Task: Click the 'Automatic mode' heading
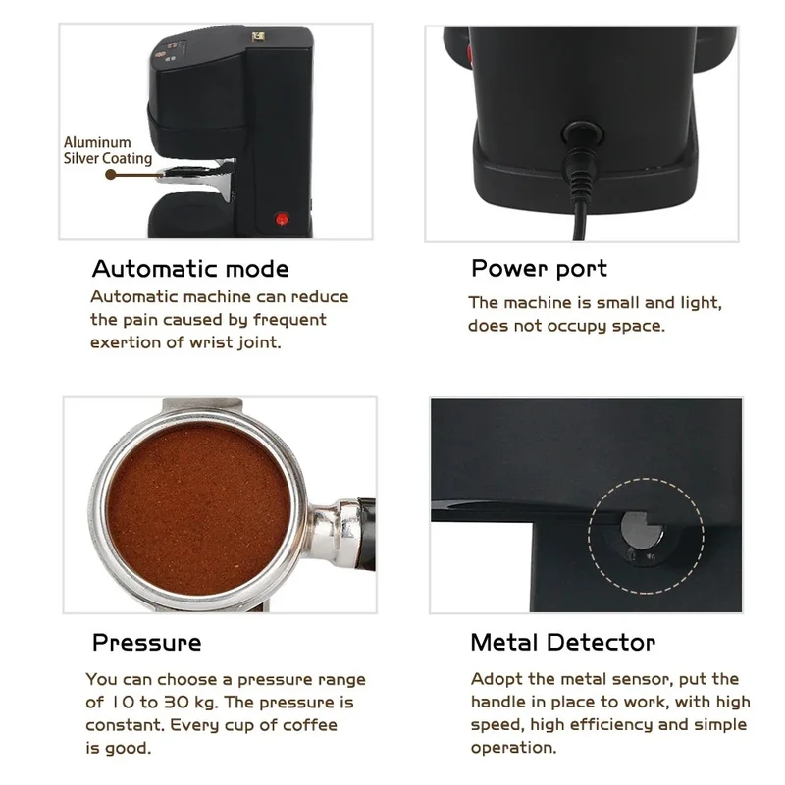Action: click(190, 269)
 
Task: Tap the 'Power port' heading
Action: click(539, 269)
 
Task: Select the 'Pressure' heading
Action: click(146, 643)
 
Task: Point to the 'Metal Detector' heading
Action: click(563, 643)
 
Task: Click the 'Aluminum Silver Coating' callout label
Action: click(108, 150)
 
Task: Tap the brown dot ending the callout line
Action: click(111, 175)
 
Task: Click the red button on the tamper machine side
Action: click(282, 219)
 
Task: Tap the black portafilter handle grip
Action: click(368, 534)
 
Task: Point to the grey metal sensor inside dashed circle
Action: click(640, 530)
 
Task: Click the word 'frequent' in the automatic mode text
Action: click(289, 320)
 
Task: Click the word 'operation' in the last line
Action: click(513, 748)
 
